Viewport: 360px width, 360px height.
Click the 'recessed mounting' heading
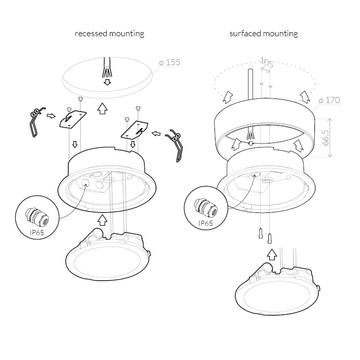pos(109,34)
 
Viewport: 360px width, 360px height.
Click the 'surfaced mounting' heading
pos(264,34)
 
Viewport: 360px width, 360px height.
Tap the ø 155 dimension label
pos(170,62)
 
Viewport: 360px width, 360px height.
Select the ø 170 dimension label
pos(329,100)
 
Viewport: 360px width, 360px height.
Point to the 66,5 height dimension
pos(326,137)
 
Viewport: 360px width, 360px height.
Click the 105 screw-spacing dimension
pos(267,63)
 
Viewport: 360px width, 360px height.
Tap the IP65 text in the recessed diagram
pos(37,233)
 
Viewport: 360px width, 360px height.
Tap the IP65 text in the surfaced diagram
pos(206,223)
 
